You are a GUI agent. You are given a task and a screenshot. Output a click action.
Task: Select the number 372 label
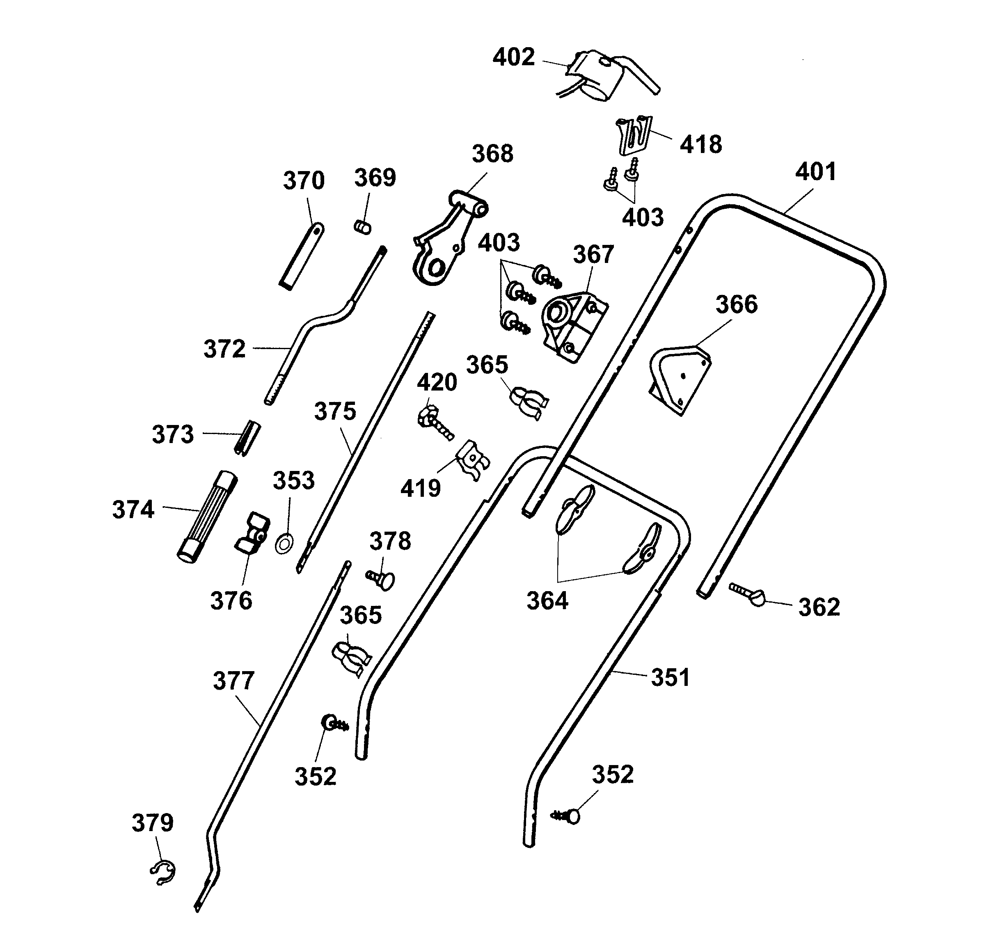pos(224,349)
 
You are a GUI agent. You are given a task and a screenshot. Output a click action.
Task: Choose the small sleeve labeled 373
pos(247,437)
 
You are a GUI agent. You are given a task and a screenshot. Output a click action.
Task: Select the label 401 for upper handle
pos(815,172)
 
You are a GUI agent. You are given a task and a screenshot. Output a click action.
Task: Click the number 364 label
pos(547,601)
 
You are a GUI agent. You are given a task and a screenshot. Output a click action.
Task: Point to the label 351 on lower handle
pos(670,677)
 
